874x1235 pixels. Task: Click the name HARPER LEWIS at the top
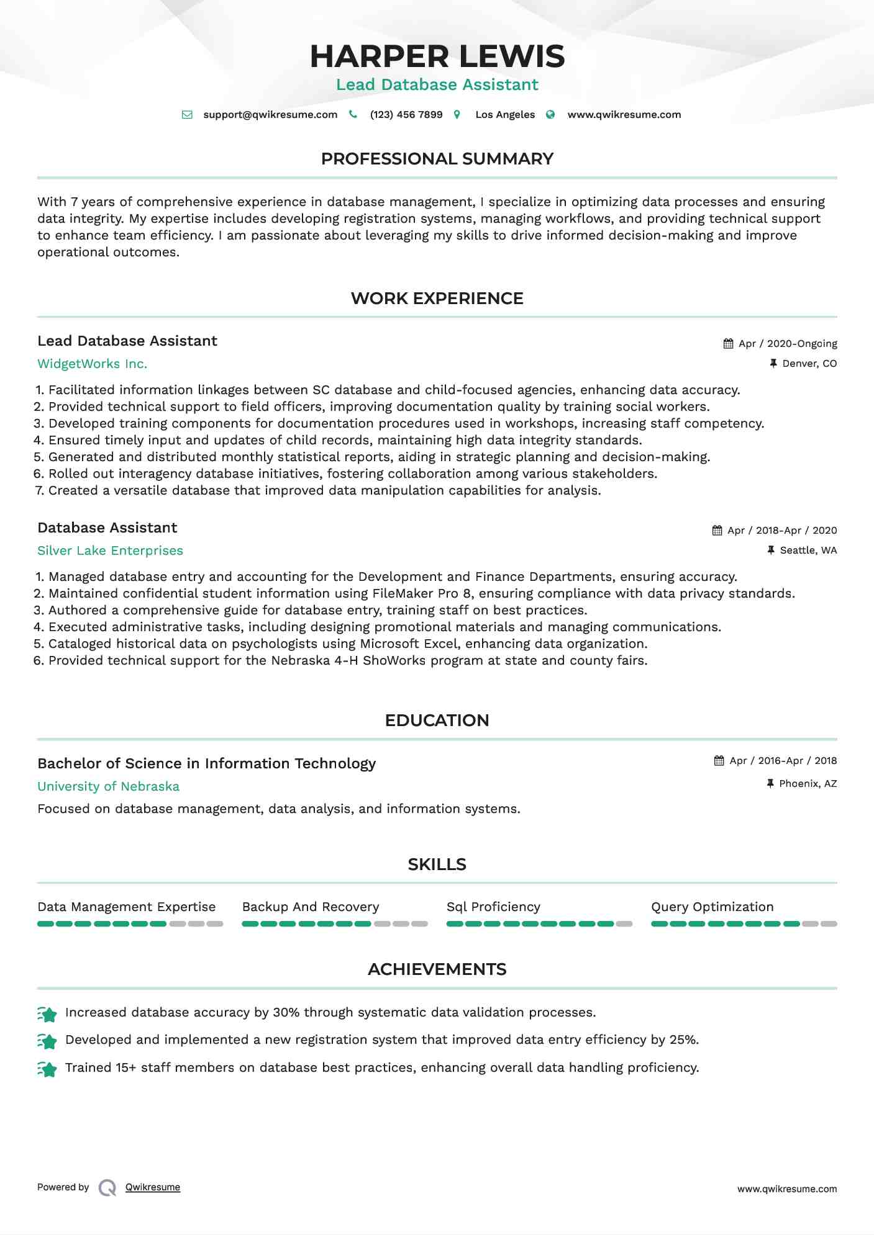[x=437, y=56]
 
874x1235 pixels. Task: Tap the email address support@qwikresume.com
[x=270, y=115]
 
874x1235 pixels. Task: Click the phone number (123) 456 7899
[x=406, y=115]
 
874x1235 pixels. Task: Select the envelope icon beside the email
[x=187, y=115]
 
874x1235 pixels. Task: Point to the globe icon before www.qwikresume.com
[x=550, y=115]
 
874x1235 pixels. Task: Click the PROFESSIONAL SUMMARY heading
[x=437, y=159]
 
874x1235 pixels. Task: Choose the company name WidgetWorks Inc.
[x=93, y=364]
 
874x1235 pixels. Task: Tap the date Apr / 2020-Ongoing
[x=788, y=344]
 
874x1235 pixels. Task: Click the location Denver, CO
[x=809, y=364]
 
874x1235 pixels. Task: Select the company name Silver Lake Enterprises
[x=110, y=551]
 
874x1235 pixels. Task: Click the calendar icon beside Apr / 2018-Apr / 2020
[x=717, y=531]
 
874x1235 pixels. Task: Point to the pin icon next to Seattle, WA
[x=771, y=550]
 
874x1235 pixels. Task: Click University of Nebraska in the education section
[x=108, y=787]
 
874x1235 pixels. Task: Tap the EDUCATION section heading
[x=437, y=721]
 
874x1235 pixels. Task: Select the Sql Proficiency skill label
[x=493, y=907]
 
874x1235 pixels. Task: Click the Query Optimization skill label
[x=712, y=907]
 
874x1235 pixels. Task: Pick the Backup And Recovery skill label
[x=311, y=907]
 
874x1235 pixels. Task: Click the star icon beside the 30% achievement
[x=47, y=1014]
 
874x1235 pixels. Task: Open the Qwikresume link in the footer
[x=153, y=1187]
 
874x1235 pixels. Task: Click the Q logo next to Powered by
[x=107, y=1188]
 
